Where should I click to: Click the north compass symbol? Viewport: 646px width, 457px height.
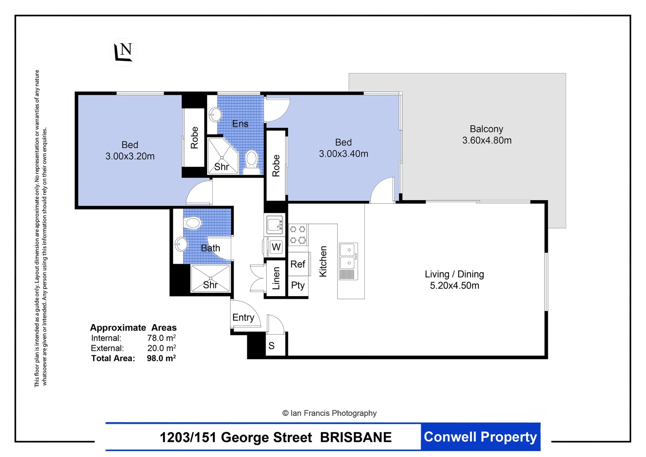123,52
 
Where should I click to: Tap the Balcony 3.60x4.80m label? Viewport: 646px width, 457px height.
487,135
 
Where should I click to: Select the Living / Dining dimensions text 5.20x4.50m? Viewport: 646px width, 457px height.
454,286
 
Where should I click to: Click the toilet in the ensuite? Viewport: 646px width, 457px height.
252,162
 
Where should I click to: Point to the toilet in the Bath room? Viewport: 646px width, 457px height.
192,223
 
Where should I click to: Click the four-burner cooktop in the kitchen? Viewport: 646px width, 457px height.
298,234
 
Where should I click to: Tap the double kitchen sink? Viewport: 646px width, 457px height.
348,261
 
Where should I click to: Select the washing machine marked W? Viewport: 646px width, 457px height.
275,247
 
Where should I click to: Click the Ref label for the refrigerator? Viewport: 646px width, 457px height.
298,264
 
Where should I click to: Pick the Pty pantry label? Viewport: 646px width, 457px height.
298,285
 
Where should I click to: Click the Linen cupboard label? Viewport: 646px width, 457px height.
276,278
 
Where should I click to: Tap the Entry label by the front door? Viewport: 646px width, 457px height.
243,317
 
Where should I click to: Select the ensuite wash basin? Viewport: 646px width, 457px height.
215,115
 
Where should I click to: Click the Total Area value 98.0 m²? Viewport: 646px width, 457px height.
161,358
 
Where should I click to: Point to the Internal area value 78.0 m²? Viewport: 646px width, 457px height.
161,338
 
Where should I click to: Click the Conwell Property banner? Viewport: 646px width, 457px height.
480,437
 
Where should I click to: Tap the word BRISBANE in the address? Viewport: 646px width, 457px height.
356,437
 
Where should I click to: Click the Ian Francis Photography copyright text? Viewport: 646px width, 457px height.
329,413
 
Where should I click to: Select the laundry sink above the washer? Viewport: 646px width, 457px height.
274,224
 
